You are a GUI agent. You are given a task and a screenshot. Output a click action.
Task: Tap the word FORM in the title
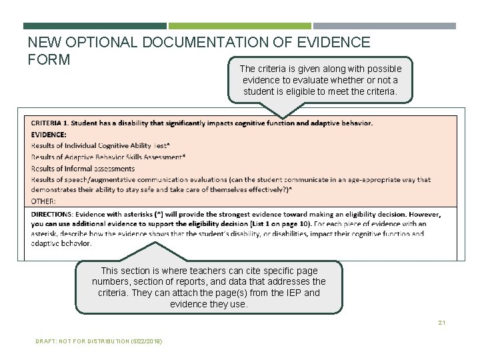(49, 59)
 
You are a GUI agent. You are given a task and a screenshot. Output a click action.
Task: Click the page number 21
(441, 323)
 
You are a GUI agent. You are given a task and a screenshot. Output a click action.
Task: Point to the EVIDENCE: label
(49, 134)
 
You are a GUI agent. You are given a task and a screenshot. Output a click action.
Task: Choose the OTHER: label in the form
(43, 201)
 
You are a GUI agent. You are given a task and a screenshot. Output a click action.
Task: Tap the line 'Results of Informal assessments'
(83, 169)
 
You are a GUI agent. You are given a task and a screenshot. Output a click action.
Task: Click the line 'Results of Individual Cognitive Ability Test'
(100, 145)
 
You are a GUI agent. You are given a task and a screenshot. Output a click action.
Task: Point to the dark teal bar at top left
(95, 26)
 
